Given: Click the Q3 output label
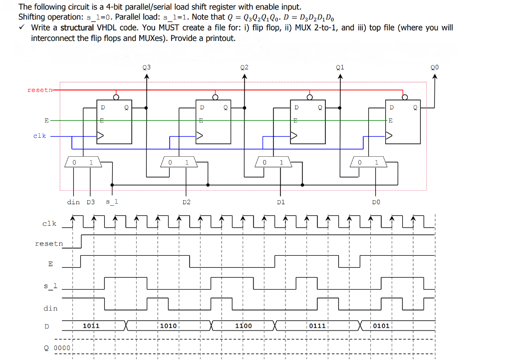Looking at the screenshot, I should pos(146,67).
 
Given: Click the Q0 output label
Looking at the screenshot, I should pos(435,67).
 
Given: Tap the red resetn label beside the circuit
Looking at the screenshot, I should pos(38,90).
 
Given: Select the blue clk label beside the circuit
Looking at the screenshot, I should pos(39,135).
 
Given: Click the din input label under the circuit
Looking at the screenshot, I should pos(73,202).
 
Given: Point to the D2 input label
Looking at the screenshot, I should pos(186,202).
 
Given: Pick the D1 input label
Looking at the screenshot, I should pos(280,202).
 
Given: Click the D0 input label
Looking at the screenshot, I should pos(376,202).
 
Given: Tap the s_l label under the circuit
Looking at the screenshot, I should pos(112,202).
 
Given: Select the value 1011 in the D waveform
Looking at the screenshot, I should pos(91,326).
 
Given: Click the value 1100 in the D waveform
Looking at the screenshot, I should pos(244,326).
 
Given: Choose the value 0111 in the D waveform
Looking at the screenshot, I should pos(317,326).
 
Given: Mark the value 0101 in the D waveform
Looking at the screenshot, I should pos(381,326).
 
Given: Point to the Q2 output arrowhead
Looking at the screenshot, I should pos(244,76).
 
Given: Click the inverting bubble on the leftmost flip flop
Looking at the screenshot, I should pos(116,97).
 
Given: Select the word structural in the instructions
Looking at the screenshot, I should pos(77,27).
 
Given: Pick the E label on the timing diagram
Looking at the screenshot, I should pos(50,264).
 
